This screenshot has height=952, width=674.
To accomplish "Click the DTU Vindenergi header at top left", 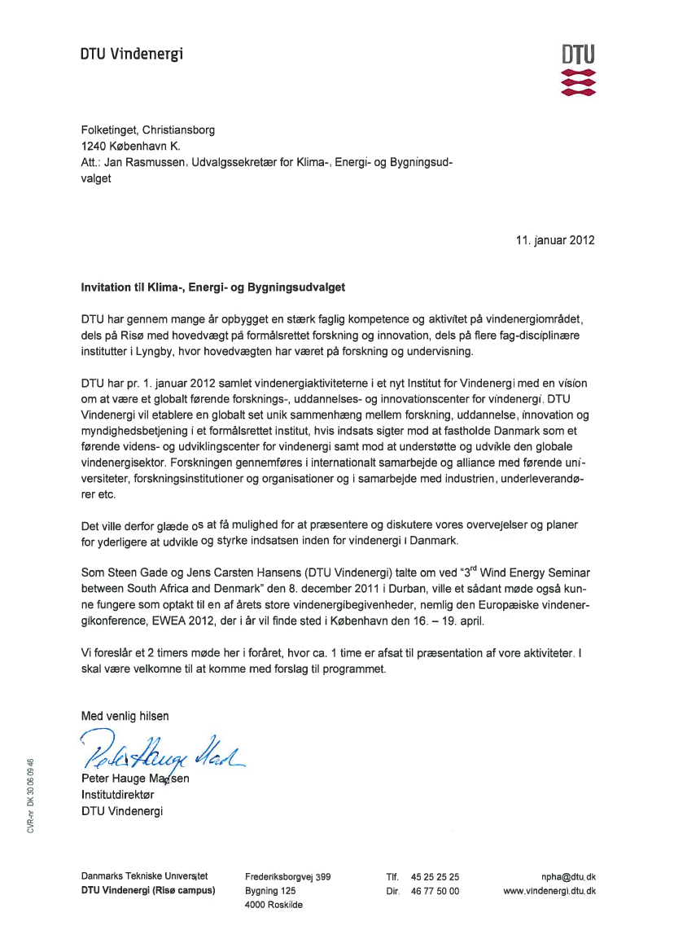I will tap(132, 54).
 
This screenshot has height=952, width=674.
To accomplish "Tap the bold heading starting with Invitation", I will tap(212, 287).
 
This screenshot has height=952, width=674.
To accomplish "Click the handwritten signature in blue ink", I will tap(163, 753).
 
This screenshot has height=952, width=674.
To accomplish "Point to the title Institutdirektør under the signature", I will tap(116, 794).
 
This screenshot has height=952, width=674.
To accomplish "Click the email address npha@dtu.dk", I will tap(567, 877).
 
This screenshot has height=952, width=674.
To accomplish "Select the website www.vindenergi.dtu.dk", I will tap(549, 892).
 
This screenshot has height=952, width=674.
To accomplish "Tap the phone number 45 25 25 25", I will tap(435, 877).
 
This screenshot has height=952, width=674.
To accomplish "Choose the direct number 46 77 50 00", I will tap(435, 892).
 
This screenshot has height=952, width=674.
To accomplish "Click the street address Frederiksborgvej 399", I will tap(287, 877).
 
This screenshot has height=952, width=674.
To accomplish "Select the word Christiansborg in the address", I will tap(177, 129).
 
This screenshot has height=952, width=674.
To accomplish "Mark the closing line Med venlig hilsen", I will tap(125, 717).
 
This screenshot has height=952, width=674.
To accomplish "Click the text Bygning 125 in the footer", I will tap(270, 892).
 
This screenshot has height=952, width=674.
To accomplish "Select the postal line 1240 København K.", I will tap(131, 147).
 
